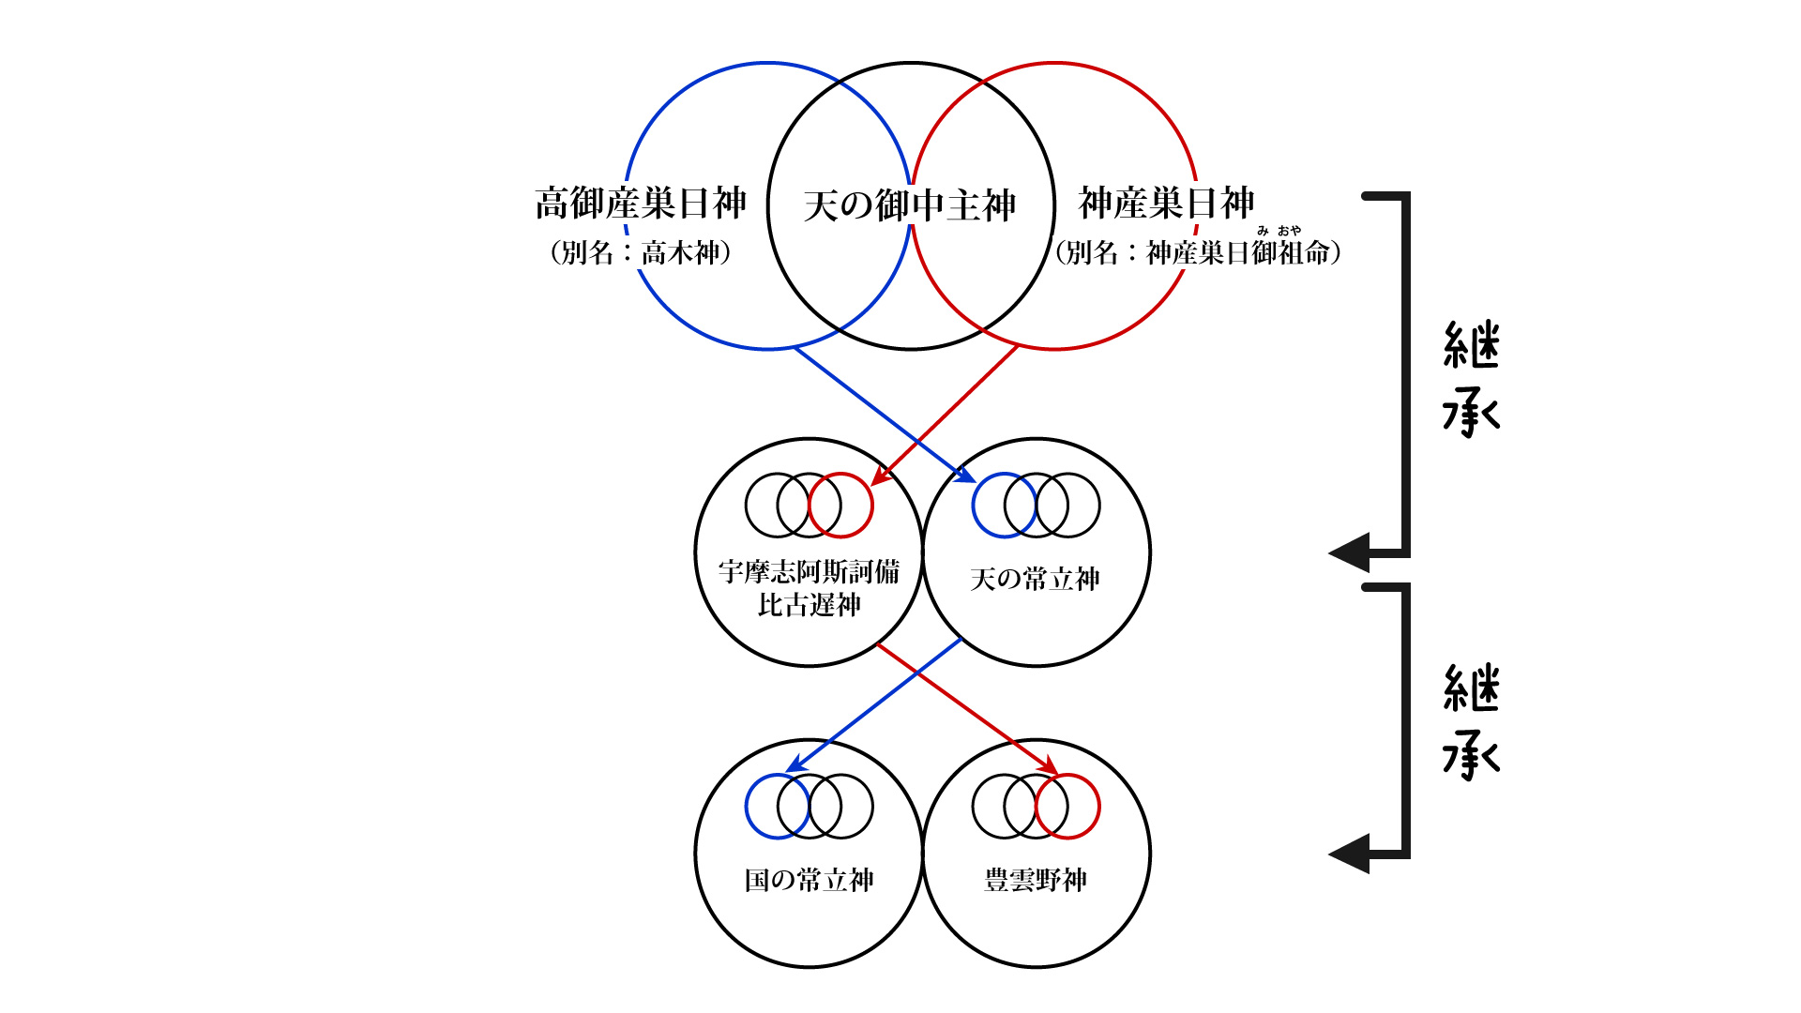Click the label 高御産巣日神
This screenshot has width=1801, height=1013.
click(641, 204)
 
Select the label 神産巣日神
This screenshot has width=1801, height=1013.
click(1166, 204)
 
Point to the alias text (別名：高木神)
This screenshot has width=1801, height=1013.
click(641, 252)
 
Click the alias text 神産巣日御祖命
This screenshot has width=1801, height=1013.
click(1238, 253)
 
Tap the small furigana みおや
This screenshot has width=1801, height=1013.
click(1279, 231)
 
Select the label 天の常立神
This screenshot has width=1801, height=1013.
click(1035, 579)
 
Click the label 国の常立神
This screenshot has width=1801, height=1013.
click(809, 880)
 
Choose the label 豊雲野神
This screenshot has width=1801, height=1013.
click(1036, 880)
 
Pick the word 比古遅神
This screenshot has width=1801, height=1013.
click(809, 605)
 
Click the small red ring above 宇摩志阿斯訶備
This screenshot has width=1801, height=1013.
click(841, 506)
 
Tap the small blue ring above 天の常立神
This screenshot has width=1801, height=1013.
click(1004, 506)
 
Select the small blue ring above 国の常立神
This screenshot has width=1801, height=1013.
click(777, 807)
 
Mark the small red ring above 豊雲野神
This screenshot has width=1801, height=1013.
click(1068, 807)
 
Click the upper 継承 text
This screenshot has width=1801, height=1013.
click(1471, 380)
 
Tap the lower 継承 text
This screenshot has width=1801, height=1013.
click(1471, 722)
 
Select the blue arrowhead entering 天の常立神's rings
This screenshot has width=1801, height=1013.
click(966, 476)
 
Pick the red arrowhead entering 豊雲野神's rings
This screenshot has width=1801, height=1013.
click(1048, 766)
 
